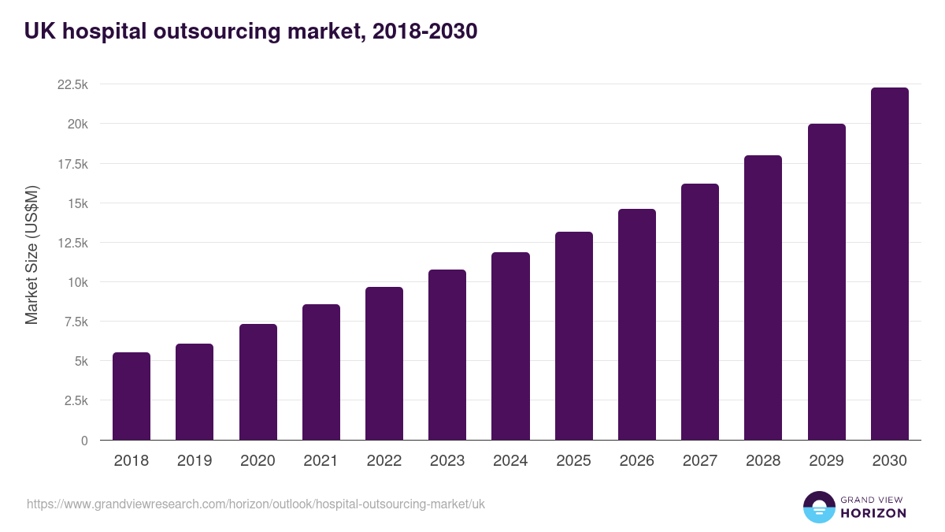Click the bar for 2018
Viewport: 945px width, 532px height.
tap(132, 396)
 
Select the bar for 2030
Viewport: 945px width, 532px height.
tap(889, 264)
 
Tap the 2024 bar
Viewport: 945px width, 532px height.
tap(510, 346)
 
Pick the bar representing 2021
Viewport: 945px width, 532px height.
tap(321, 372)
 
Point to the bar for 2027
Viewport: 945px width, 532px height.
tap(700, 312)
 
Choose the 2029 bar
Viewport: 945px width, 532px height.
tap(826, 282)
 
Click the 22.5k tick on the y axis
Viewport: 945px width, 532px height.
tap(72, 85)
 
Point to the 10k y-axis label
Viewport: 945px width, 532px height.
tap(76, 282)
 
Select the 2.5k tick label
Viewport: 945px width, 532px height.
tap(76, 400)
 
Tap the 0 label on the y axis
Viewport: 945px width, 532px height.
tap(83, 441)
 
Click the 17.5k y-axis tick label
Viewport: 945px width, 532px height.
tap(72, 164)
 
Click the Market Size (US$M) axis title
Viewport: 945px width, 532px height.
tap(31, 255)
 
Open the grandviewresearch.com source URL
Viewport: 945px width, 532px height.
tap(256, 504)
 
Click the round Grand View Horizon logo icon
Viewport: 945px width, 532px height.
tap(818, 507)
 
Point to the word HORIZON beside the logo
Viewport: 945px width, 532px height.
tap(873, 513)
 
